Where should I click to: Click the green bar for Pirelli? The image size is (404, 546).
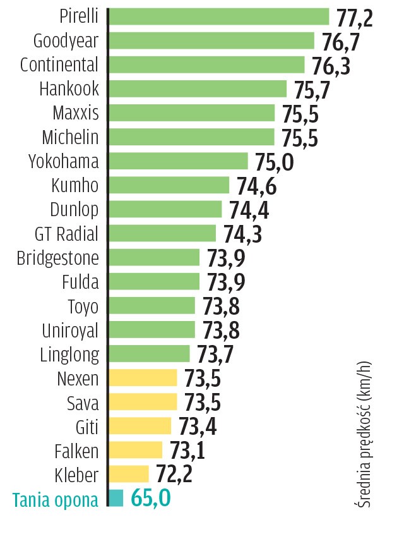point(219,16)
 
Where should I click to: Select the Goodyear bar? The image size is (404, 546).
point(211,40)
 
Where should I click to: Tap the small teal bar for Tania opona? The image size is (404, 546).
point(116,498)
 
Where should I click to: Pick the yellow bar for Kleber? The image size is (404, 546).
point(129,474)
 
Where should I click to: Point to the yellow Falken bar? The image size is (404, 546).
point(135,450)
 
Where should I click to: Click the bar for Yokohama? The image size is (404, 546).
point(178,161)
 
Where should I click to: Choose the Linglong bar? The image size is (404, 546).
point(149,353)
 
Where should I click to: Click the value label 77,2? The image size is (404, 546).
point(355,18)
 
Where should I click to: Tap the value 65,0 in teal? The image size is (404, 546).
point(150,499)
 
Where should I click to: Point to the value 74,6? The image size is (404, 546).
point(256,186)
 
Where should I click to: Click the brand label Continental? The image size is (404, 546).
point(59,65)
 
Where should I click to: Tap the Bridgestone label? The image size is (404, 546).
point(57,258)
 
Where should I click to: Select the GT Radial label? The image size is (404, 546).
point(66,234)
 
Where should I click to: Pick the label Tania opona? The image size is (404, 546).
point(56,500)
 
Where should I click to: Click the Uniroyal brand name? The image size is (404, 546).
point(70,330)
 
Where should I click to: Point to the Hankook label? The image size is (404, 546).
point(69,89)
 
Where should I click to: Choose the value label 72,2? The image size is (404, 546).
point(176,475)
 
